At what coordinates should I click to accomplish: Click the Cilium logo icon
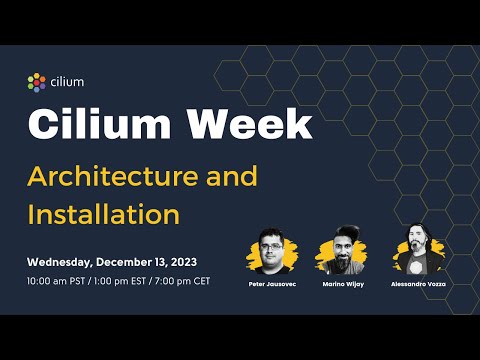(x=37, y=81)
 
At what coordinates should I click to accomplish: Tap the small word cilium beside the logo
(x=66, y=81)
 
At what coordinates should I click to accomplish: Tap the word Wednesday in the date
(x=67, y=262)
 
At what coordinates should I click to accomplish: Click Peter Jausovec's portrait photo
(x=271, y=250)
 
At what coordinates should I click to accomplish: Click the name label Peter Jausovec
(x=271, y=285)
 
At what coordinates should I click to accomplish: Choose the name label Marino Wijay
(x=344, y=285)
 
